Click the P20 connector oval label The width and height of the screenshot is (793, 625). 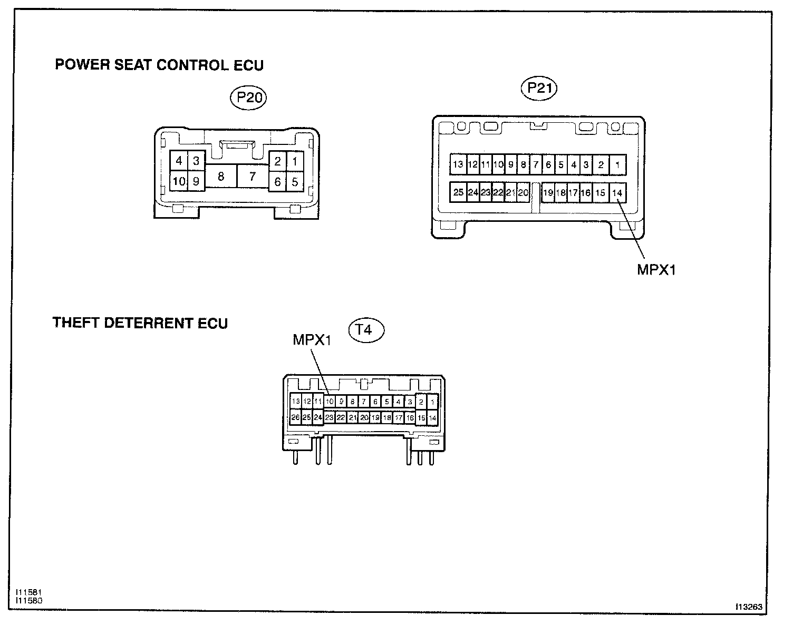249,98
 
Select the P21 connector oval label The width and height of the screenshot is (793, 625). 539,88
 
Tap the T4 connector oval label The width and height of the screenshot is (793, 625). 367,330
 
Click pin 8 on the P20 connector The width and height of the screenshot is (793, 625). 220,176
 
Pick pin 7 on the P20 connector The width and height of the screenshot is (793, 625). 253,176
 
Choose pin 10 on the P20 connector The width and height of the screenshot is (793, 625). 179,182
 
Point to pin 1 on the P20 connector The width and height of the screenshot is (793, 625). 295,161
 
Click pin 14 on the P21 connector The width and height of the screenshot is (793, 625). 617,192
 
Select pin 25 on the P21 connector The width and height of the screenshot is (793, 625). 458,192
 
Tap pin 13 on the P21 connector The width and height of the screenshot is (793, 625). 458,164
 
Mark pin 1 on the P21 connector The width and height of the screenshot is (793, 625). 617,164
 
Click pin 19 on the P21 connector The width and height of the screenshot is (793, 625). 548,192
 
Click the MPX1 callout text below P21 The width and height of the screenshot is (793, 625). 656,270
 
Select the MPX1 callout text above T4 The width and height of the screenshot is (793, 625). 312,340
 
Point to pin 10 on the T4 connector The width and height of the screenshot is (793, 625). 330,402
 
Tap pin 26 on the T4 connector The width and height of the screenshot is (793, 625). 295,417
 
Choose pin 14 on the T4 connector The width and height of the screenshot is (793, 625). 432,417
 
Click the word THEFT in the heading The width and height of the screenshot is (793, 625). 76,323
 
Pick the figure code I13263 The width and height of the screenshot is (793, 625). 749,607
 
